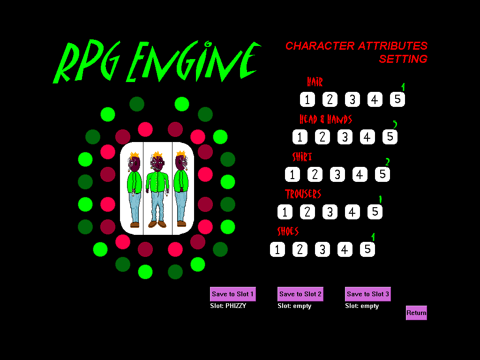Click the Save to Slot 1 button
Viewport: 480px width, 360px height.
point(232,294)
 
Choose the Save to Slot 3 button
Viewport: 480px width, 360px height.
point(367,294)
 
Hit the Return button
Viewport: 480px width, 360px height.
point(416,313)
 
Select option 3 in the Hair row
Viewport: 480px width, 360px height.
point(352,99)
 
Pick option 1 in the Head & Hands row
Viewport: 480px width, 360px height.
point(300,137)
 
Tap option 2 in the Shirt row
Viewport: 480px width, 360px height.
point(315,174)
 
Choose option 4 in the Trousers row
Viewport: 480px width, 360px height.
point(352,212)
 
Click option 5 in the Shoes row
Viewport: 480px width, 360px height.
point(367,249)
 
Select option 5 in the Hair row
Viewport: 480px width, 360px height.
point(397,99)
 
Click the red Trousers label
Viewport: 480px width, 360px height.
point(303,194)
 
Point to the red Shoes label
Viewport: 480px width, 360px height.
point(288,231)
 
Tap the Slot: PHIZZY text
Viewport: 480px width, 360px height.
point(228,306)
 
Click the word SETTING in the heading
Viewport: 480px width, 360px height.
point(403,59)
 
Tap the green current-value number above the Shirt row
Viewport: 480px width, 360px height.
point(387,162)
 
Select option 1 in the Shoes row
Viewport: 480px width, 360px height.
point(277,249)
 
